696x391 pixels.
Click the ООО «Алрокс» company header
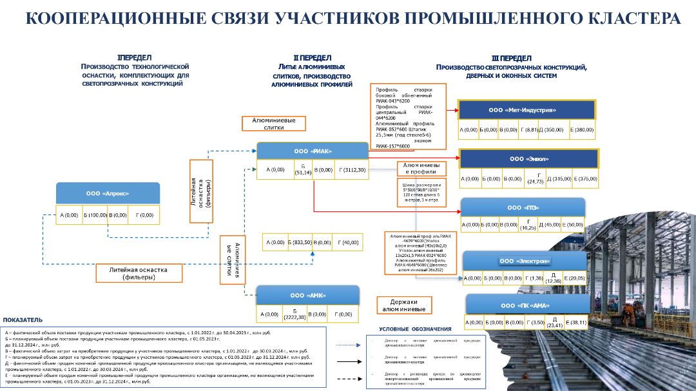pyautogui.click(x=108, y=193)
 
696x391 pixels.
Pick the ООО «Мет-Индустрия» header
pyautogui.click(x=527, y=110)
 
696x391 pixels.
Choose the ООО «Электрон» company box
pyautogui.click(x=525, y=261)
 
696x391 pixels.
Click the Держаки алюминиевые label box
pyautogui.click(x=404, y=305)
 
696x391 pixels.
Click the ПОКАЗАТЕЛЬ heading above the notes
pyautogui.click(x=23, y=319)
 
